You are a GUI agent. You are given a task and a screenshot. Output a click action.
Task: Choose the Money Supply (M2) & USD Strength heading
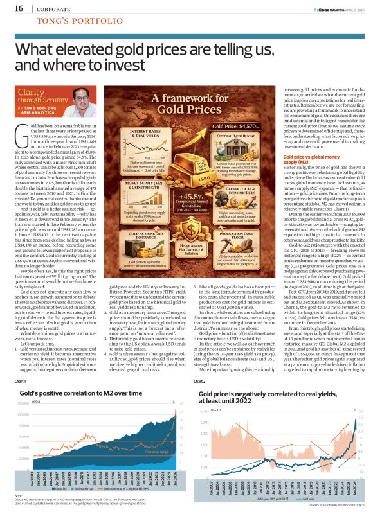click(133, 168)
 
